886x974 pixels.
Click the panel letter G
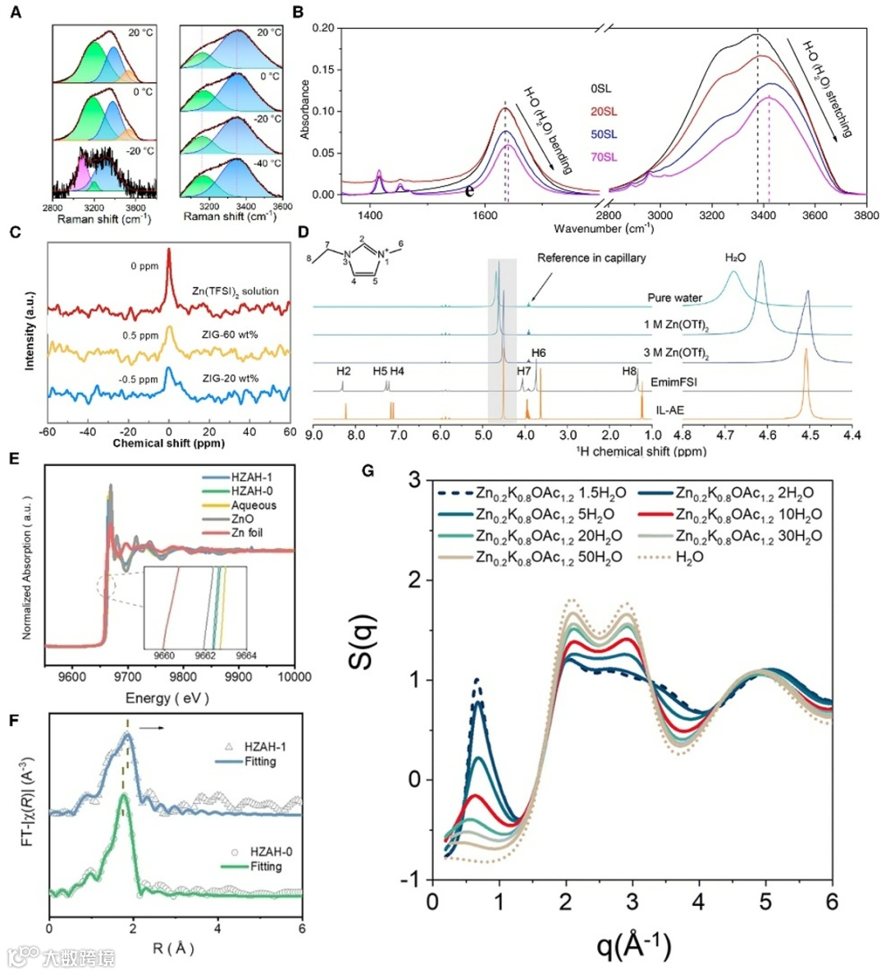(x=368, y=470)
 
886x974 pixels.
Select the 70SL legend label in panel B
(x=604, y=157)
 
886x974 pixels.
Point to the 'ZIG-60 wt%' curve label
(x=232, y=335)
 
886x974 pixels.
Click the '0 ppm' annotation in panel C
(x=144, y=266)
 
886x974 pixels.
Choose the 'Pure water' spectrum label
(x=670, y=298)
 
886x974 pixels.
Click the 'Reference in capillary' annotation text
(x=591, y=258)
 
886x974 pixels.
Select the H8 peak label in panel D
(x=628, y=371)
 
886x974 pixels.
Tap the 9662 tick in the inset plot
(x=205, y=656)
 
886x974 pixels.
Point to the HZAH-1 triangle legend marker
(x=229, y=747)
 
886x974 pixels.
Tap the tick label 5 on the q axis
(x=766, y=901)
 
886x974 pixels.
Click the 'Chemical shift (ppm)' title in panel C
(x=169, y=443)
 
